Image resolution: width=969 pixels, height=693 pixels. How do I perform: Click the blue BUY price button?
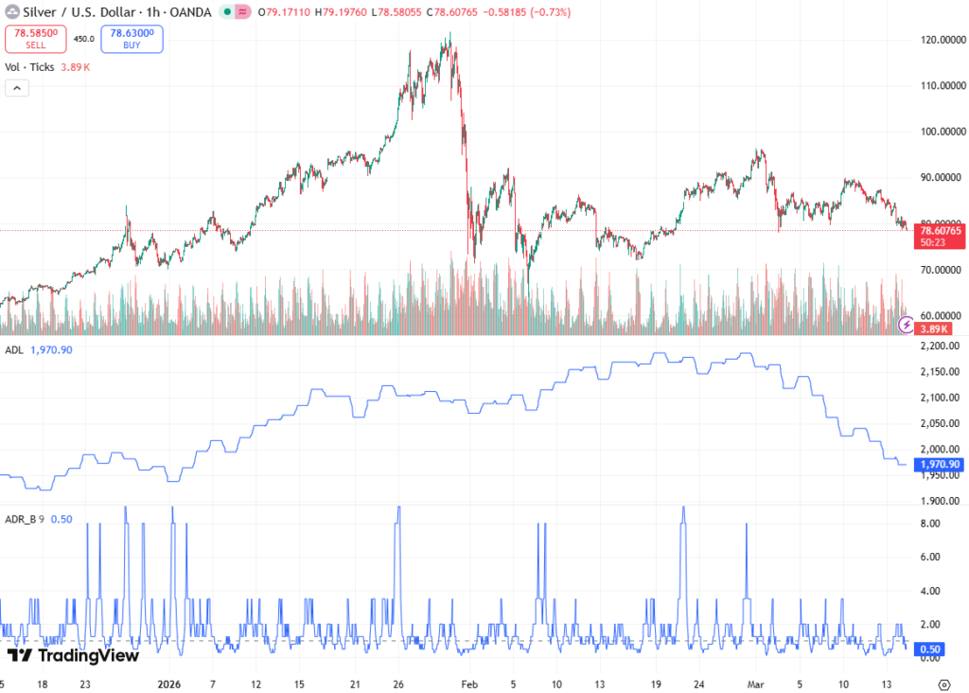(x=132, y=38)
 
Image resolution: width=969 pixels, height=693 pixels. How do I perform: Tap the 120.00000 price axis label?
(x=942, y=40)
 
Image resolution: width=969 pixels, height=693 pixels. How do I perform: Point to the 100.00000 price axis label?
(x=942, y=132)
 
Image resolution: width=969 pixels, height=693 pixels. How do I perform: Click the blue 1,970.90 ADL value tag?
(x=941, y=465)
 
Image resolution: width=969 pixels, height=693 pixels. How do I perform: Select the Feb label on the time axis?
(x=469, y=684)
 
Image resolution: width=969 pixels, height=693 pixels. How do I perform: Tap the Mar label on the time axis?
(x=755, y=684)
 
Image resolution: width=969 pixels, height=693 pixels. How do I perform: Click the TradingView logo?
(x=74, y=655)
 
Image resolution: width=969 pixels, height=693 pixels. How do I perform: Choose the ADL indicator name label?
(x=14, y=350)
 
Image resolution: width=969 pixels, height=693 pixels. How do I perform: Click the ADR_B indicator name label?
(x=21, y=519)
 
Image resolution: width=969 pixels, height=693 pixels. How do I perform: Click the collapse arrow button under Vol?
(x=17, y=88)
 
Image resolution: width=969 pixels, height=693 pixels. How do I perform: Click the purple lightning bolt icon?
(x=907, y=325)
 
